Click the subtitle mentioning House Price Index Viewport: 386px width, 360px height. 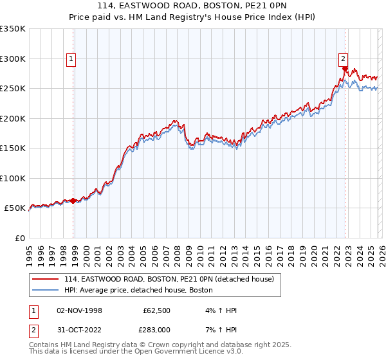(x=193, y=18)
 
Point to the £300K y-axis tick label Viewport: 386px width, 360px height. (x=13, y=59)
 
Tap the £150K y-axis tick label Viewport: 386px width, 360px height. (x=13, y=148)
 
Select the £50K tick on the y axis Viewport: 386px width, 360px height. (x=15, y=208)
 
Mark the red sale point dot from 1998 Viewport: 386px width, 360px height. (x=73, y=201)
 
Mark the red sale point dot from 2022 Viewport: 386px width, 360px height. (x=345, y=69)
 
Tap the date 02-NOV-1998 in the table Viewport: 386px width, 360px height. (x=79, y=310)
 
